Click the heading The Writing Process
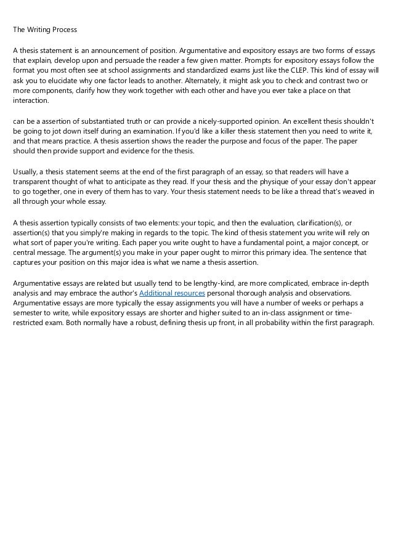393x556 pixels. click(x=45, y=29)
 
